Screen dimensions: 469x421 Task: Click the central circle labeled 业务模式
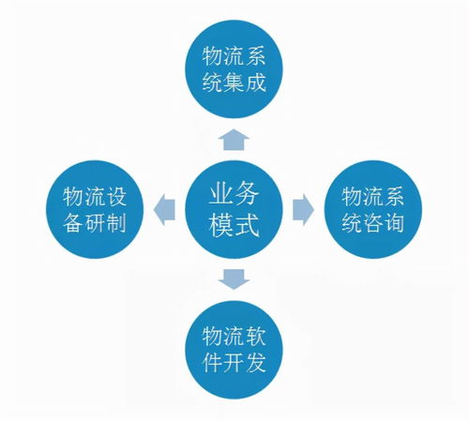point(234,209)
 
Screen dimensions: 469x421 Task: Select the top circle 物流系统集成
point(234,69)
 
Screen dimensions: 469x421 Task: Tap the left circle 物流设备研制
point(95,209)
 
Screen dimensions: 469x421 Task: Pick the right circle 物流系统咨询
point(373,209)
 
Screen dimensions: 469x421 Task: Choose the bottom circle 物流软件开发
point(234,350)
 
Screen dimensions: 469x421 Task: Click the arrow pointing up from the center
point(234,140)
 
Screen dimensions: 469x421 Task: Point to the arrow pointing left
point(164,209)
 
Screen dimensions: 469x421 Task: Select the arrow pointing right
point(303,209)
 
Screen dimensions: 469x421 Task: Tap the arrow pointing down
point(234,279)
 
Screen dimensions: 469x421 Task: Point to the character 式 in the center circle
point(247,224)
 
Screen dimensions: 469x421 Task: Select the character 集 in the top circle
point(234,83)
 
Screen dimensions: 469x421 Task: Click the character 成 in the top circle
point(256,83)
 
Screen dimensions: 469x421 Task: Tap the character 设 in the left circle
point(116,197)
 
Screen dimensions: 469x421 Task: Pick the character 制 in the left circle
point(116,222)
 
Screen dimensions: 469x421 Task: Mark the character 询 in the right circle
point(394,222)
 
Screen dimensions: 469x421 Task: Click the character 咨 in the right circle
point(372,222)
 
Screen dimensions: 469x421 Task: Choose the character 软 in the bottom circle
point(256,337)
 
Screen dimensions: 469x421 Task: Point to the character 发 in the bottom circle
point(256,362)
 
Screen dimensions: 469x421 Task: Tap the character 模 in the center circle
point(221,224)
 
